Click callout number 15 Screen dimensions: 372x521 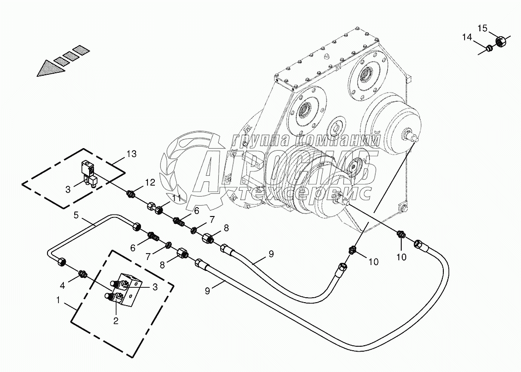(x=482, y=27)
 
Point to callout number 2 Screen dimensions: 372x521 (x=116, y=320)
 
